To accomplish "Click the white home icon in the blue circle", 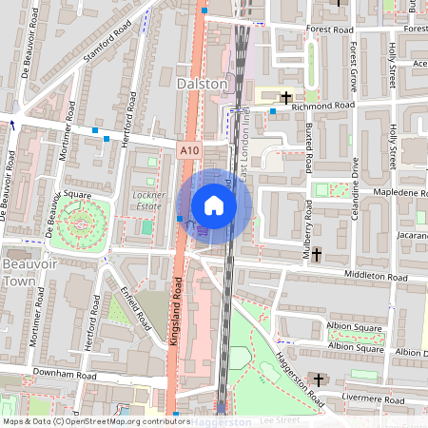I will coord(214,205).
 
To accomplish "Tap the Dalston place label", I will coord(203,84).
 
